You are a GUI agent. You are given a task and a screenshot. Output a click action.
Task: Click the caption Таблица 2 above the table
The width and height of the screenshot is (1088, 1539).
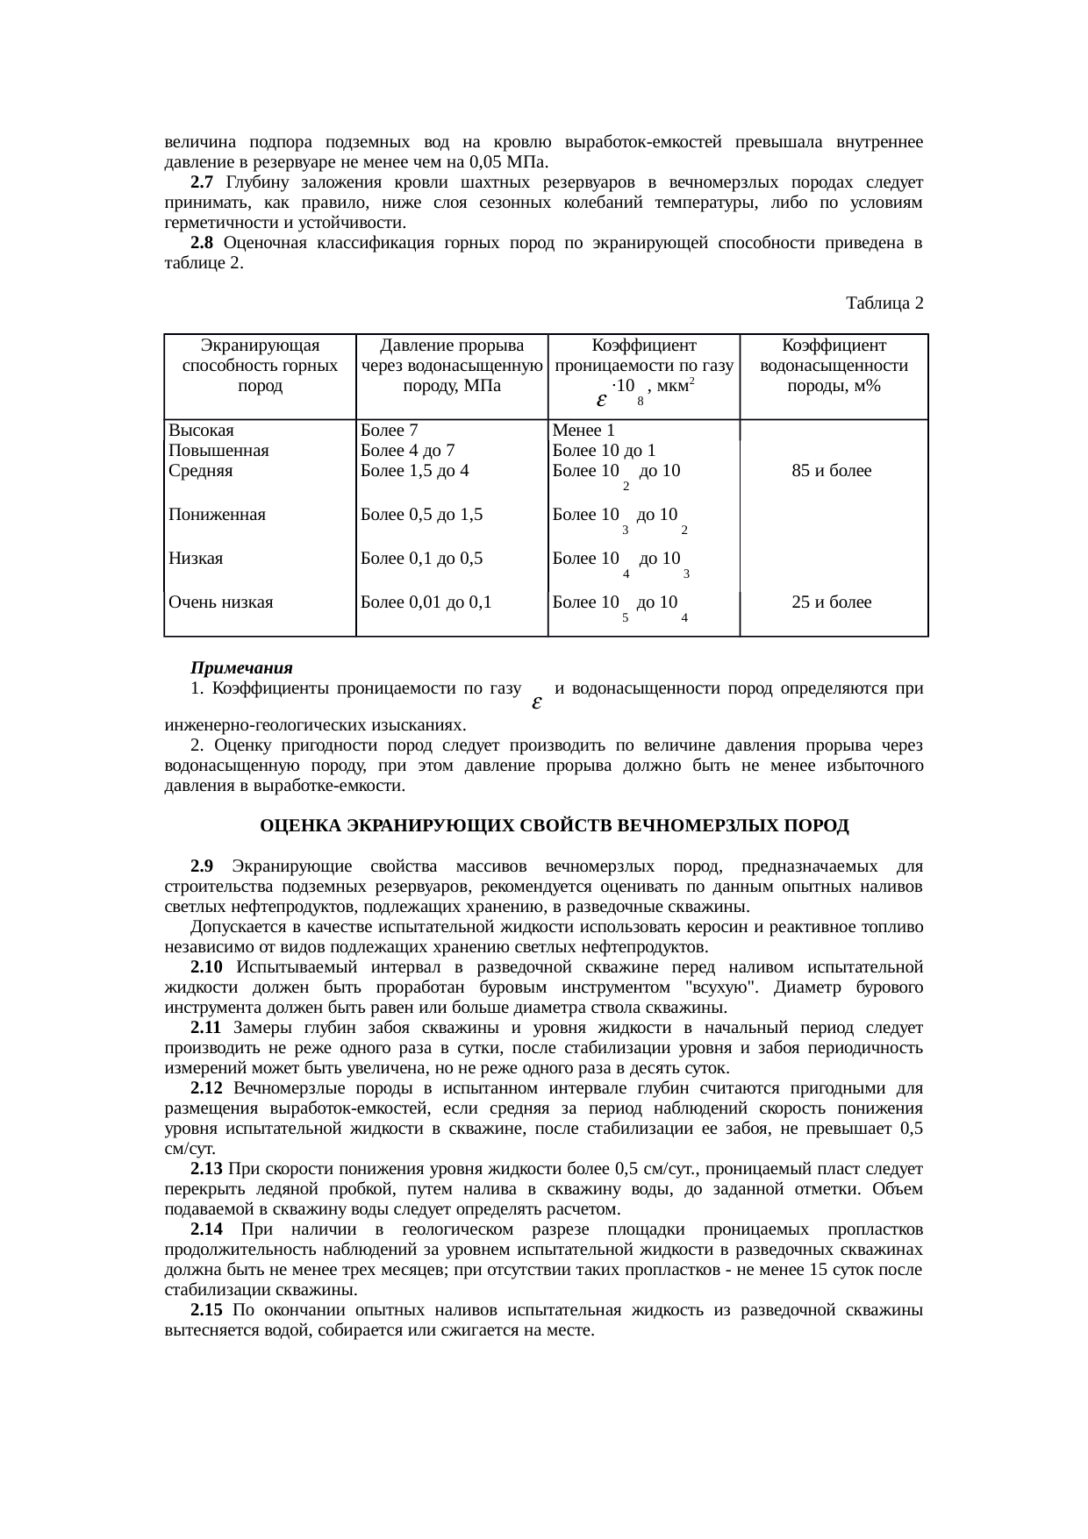pyautogui.click(x=884, y=303)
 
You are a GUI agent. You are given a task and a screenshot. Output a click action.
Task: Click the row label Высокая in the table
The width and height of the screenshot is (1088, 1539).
pyautogui.click(x=201, y=431)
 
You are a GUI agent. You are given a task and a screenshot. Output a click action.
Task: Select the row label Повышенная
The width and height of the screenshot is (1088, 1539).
pyautogui.click(x=218, y=451)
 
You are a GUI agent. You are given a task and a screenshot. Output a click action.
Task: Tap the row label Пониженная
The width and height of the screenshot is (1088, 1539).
pyautogui.click(x=217, y=515)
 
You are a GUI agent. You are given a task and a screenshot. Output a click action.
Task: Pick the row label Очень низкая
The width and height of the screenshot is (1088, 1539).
pyautogui.click(x=221, y=602)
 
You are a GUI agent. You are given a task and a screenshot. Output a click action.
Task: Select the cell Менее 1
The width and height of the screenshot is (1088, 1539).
pyautogui.click(x=583, y=431)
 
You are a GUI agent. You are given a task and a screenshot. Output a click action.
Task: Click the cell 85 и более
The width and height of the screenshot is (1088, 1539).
pyautogui.click(x=831, y=471)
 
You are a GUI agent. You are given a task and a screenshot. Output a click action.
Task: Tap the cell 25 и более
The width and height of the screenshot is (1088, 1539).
pyautogui.click(x=831, y=602)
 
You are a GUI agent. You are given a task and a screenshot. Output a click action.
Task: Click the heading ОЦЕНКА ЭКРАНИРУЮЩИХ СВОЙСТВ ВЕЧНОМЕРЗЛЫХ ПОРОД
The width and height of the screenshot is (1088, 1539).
pyautogui.click(x=555, y=827)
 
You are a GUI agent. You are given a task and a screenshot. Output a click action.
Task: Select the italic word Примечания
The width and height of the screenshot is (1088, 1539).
pyautogui.click(x=241, y=669)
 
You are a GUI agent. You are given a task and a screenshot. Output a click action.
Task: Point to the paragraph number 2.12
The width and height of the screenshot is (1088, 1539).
pyautogui.click(x=206, y=1088)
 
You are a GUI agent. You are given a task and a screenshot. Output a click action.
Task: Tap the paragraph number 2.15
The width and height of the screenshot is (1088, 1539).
pyautogui.click(x=206, y=1310)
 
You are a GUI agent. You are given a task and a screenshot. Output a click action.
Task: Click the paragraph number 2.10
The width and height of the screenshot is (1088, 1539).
pyautogui.click(x=206, y=967)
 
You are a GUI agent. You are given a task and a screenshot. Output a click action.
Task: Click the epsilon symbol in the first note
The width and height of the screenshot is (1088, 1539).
pyautogui.click(x=536, y=703)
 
